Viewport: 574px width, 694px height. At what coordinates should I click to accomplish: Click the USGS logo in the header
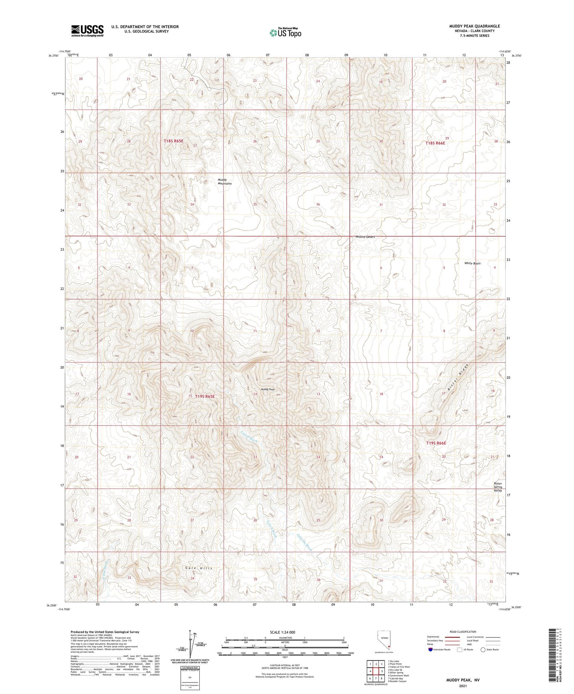pos(87,31)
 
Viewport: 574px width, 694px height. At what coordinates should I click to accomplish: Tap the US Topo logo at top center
pos(285,33)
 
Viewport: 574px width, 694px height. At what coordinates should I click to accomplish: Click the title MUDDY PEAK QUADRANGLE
pos(474,26)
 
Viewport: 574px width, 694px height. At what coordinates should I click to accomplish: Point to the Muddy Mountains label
pos(225,181)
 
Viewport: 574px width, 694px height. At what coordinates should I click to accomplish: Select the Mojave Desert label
pos(365,237)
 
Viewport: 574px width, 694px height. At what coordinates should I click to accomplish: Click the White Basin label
pos(472,263)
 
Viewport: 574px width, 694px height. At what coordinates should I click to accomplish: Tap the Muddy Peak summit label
pos(267,389)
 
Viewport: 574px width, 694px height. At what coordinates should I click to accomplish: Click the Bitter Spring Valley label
pos(497,487)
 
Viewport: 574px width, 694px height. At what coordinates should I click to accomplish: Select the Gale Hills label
pos(198,568)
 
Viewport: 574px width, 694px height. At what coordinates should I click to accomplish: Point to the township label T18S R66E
pos(435,143)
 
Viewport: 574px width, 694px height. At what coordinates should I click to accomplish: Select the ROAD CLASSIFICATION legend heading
pos(463,632)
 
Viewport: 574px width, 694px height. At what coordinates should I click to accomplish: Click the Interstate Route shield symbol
pos(430,650)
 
